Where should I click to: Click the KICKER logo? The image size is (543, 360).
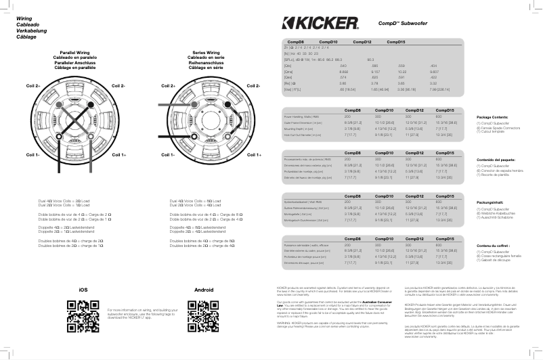pyautogui.click(x=320, y=24)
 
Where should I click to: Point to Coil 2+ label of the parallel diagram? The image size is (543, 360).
pyautogui.click(x=33, y=87)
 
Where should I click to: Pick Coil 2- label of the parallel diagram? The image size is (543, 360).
pyautogui.click(x=118, y=87)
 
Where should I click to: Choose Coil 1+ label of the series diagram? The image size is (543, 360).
pyautogui.click(x=254, y=155)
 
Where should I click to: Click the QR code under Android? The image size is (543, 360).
pyautogui.click(x=204, y=315)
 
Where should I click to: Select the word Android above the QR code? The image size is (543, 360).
pyautogui.click(x=204, y=290)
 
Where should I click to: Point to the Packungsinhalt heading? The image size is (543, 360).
pyautogui.click(x=490, y=202)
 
